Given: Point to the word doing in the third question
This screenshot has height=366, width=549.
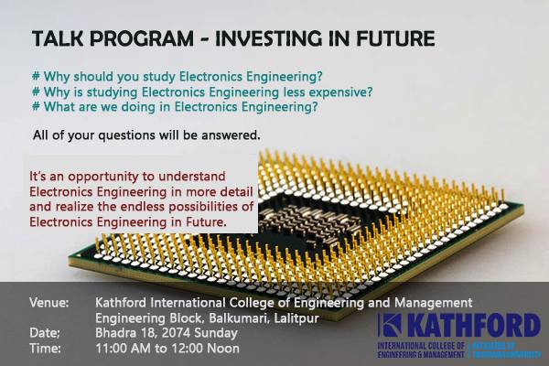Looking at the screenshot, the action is tap(139, 107).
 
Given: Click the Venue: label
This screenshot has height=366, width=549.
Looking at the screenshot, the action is tap(49, 303).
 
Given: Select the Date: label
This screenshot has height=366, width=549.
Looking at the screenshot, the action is tap(45, 333).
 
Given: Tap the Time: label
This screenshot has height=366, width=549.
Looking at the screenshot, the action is tap(45, 349).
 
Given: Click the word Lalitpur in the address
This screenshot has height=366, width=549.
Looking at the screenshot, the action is tap(296, 318).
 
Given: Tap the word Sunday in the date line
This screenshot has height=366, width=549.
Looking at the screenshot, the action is tap(216, 333).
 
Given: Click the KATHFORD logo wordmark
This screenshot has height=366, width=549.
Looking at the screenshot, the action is tap(474, 325).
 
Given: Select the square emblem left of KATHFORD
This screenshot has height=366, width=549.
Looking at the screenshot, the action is tap(390, 325).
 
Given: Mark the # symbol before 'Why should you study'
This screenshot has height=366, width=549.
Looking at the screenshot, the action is tap(36, 76).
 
